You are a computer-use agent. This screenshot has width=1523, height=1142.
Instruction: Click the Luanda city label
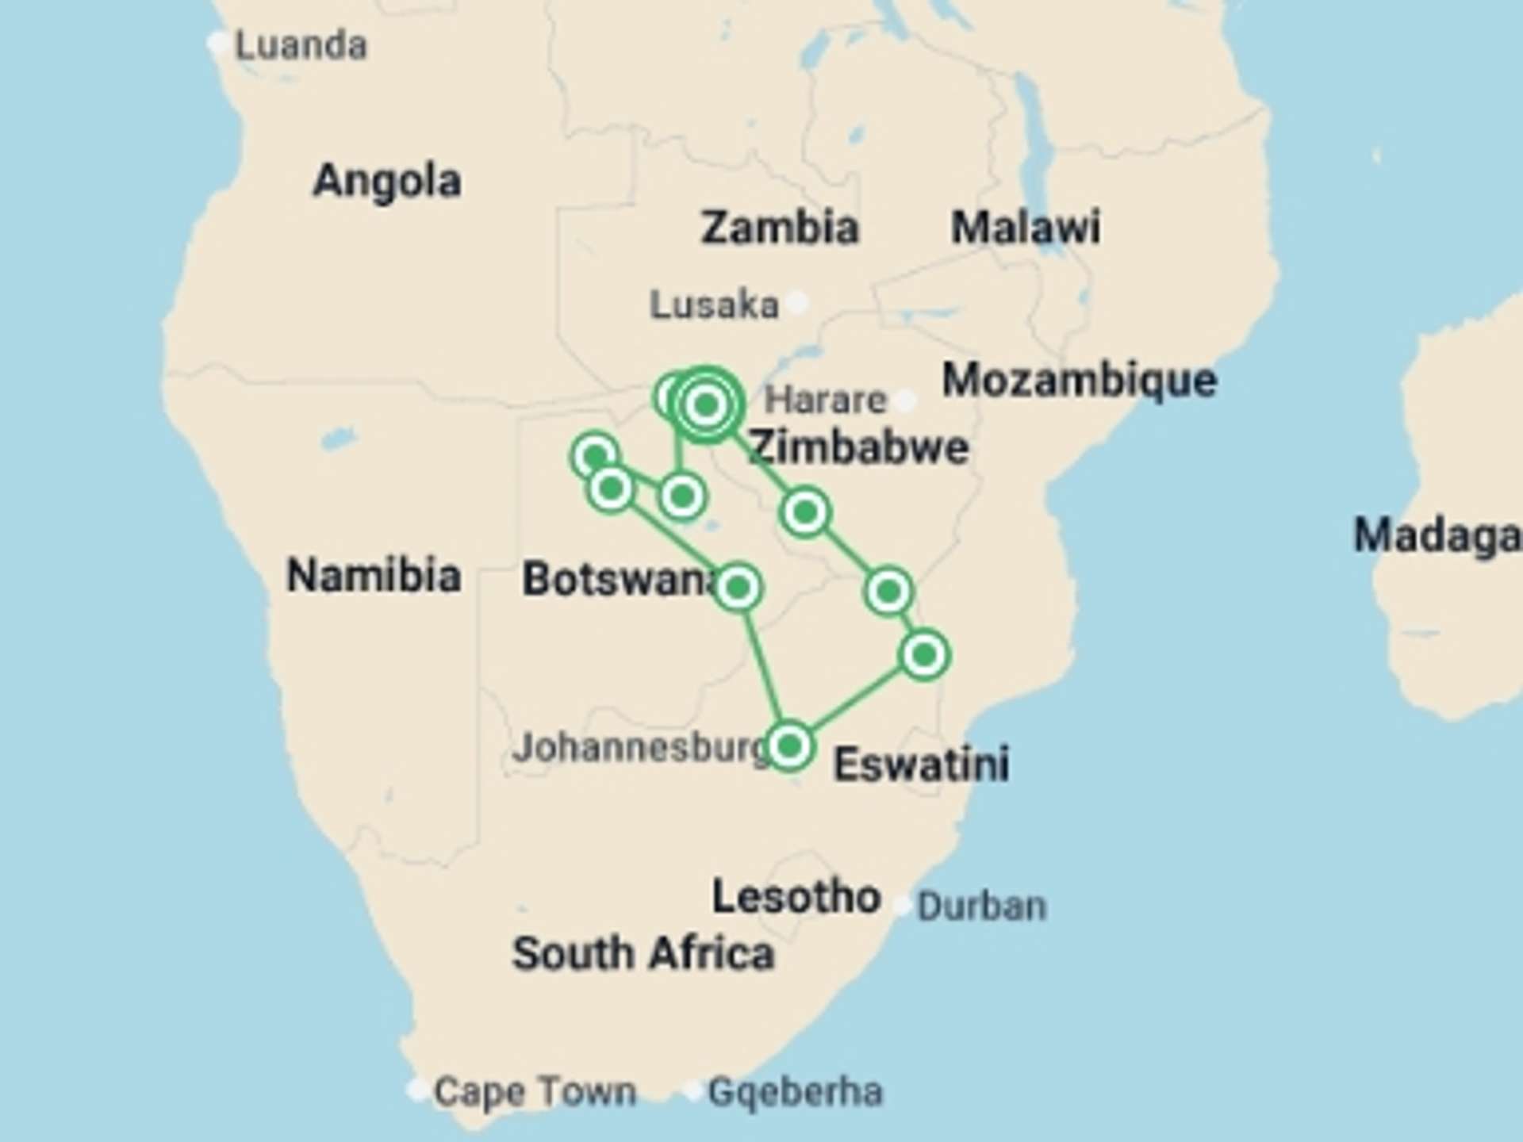point(301,45)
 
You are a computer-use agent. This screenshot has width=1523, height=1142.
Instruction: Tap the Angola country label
point(387,181)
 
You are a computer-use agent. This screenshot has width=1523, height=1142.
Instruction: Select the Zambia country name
point(780,228)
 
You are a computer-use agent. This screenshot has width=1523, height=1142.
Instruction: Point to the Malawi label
point(1025,228)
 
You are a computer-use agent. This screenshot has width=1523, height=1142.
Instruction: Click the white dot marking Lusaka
point(797,302)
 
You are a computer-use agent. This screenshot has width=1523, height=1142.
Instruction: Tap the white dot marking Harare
point(905,400)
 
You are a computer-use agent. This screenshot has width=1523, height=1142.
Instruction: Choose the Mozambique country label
point(1079,380)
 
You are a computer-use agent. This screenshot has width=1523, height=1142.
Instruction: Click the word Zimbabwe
point(859,447)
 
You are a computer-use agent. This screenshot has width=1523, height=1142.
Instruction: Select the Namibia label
point(374,575)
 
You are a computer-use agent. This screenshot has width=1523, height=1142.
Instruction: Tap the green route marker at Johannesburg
point(789,745)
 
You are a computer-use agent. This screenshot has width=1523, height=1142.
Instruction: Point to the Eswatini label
point(921,765)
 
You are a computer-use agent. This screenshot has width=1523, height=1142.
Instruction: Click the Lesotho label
point(796,897)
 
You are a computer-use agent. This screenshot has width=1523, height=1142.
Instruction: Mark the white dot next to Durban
point(902,905)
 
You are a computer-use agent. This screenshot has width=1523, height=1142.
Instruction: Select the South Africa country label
point(643,953)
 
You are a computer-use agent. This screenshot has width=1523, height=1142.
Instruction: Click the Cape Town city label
point(535,1092)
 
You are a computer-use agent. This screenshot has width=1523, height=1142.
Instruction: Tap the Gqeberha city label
point(795,1092)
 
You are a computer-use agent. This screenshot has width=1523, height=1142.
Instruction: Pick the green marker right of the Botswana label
point(738,588)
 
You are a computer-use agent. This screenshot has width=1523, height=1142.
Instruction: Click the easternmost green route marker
point(924,655)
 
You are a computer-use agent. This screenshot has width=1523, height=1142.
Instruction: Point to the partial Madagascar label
point(1437,535)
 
